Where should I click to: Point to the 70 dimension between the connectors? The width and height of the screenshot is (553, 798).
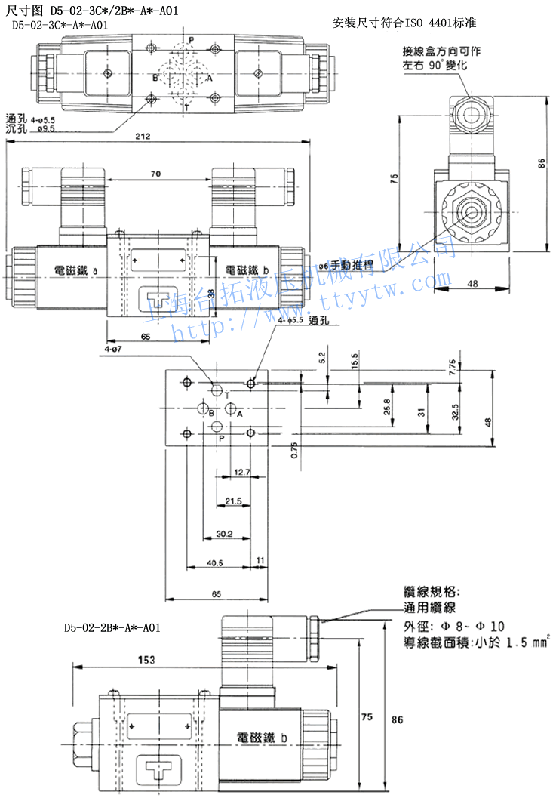pyautogui.click(x=155, y=174)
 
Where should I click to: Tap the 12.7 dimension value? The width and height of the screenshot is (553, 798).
pyautogui.click(x=241, y=472)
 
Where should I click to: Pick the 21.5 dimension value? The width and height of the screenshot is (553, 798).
pyautogui.click(x=234, y=501)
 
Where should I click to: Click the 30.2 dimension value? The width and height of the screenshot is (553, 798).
pyautogui.click(x=223, y=534)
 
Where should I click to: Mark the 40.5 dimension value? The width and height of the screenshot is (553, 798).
pyautogui.click(x=216, y=562)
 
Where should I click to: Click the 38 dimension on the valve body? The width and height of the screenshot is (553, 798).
pyautogui.click(x=191, y=292)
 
